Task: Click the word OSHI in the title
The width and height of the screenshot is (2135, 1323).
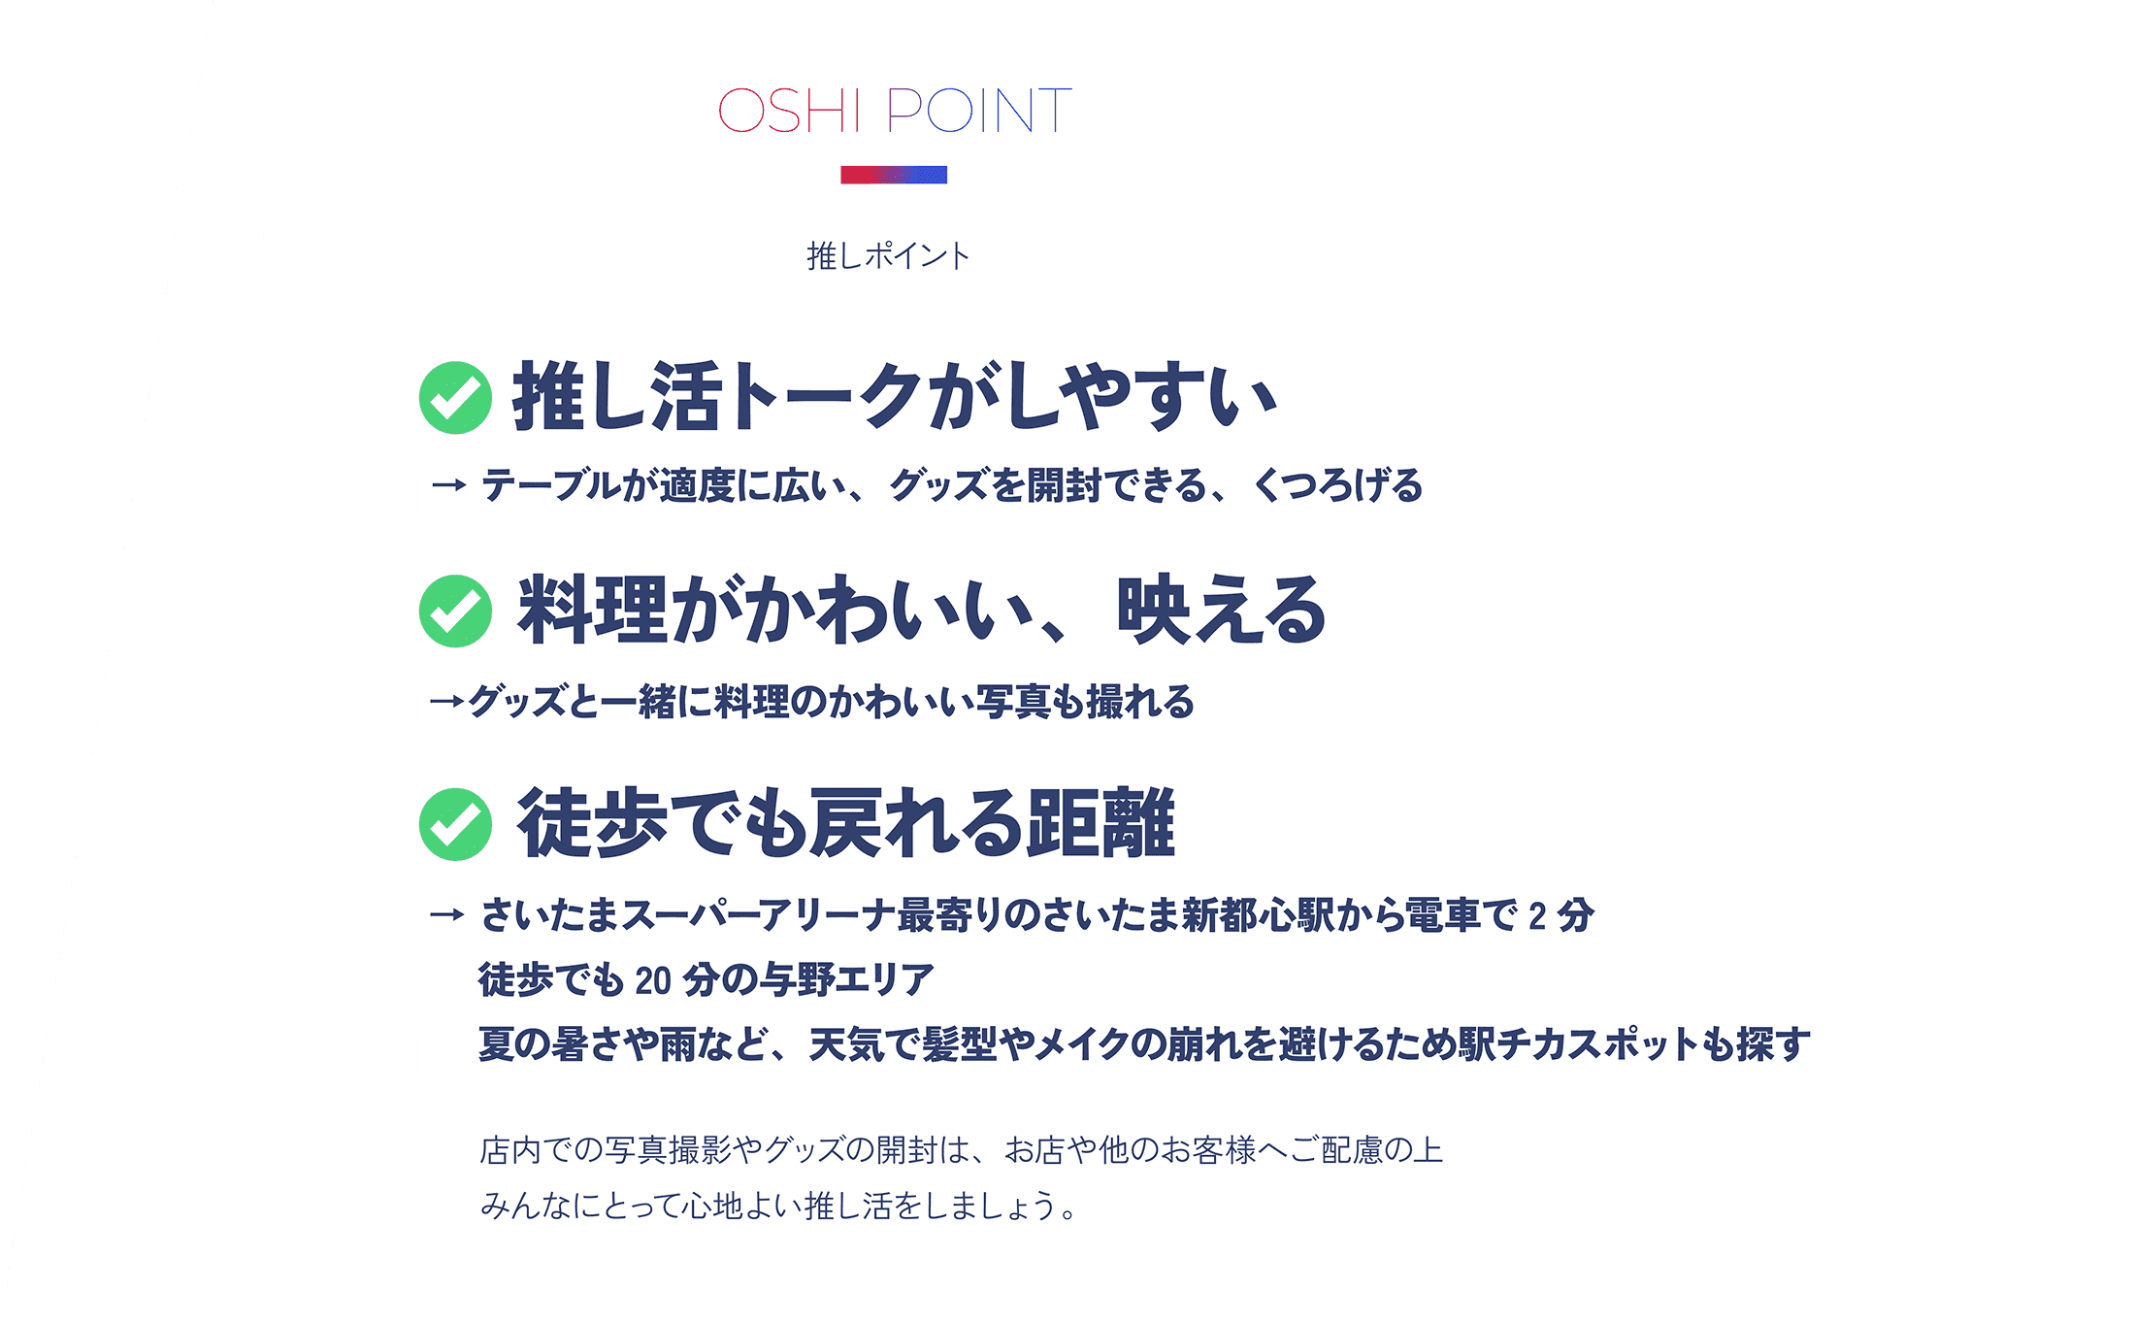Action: click(789, 110)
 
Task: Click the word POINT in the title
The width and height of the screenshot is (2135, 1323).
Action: click(979, 110)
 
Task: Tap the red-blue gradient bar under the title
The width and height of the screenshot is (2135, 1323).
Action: click(894, 175)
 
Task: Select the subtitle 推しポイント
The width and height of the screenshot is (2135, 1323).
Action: click(888, 256)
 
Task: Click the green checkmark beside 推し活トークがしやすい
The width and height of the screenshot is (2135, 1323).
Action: click(455, 397)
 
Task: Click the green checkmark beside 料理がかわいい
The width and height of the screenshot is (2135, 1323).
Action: click(455, 611)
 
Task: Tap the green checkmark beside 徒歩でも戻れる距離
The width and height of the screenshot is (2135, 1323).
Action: click(455, 824)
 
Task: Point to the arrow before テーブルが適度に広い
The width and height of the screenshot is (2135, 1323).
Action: click(448, 484)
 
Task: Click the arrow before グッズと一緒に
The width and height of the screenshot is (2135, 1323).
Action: click(446, 700)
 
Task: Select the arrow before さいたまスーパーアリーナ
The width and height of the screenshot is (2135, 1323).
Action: click(447, 914)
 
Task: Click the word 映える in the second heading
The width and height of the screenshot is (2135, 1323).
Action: click(1221, 611)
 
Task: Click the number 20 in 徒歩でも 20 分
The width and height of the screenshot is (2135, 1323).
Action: click(653, 980)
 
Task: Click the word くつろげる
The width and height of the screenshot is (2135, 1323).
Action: click(1338, 485)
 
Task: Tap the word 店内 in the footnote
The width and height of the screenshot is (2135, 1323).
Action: click(510, 1150)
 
